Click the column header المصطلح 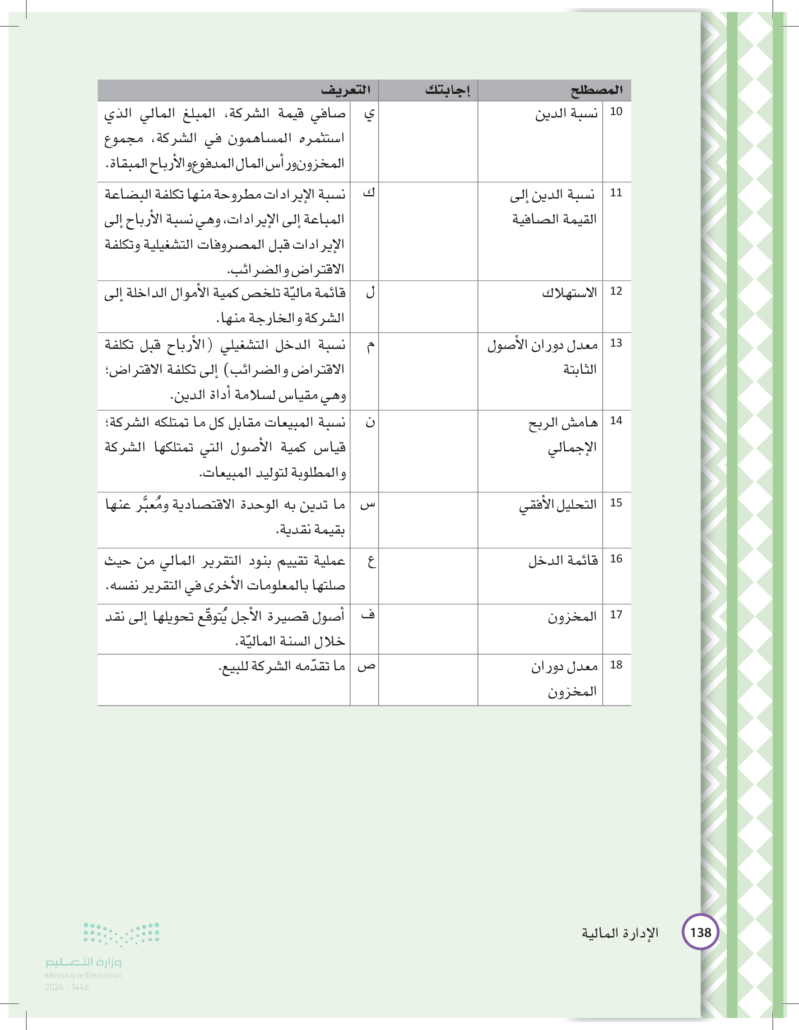coord(596,90)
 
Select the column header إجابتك coord(447,90)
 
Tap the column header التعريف coord(346,90)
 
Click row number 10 coord(616,112)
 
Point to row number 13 coord(616,343)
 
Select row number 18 coord(616,665)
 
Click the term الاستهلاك coord(569,293)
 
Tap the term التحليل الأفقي coord(558,505)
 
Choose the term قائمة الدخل coord(563,560)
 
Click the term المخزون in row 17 coord(572,617)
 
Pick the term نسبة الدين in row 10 coord(566,114)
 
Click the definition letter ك coord(369,193)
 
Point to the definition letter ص coord(367,667)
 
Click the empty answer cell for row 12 coord(428,306)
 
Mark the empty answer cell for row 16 coord(428,576)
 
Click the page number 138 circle coord(701,933)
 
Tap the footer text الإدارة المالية coord(620,933)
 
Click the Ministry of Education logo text coord(84,962)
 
